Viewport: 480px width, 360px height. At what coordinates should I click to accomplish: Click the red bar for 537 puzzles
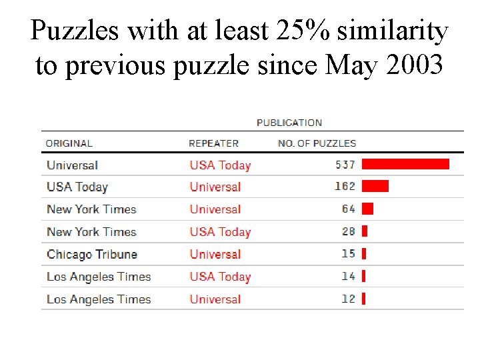click(x=405, y=164)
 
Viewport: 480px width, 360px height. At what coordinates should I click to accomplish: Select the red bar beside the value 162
click(x=375, y=186)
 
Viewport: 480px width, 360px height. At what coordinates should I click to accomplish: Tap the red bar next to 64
click(x=367, y=209)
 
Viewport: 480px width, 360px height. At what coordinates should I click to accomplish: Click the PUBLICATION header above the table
click(x=289, y=123)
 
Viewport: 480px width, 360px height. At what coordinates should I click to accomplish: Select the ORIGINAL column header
click(x=69, y=143)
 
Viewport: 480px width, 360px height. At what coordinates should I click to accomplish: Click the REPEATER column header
click(x=213, y=143)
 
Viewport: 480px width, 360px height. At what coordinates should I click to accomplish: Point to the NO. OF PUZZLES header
click(x=317, y=143)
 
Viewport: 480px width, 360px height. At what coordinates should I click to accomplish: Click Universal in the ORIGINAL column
click(x=72, y=165)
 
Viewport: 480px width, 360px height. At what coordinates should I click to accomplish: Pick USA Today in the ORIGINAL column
click(x=77, y=187)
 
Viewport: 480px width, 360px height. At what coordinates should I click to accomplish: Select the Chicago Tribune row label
click(x=92, y=255)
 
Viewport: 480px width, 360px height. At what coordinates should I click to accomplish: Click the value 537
click(x=345, y=165)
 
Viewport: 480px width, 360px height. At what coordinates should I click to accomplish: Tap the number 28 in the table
click(x=349, y=231)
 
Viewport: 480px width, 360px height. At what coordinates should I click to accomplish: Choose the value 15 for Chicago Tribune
click(x=349, y=254)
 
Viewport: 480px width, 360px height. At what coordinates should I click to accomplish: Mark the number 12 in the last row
click(x=349, y=299)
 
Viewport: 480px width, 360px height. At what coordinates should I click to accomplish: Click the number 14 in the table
click(x=349, y=276)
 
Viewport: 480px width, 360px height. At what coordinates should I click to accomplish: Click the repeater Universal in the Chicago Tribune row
click(x=215, y=255)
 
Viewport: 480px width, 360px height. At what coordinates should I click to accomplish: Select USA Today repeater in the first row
click(x=220, y=165)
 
